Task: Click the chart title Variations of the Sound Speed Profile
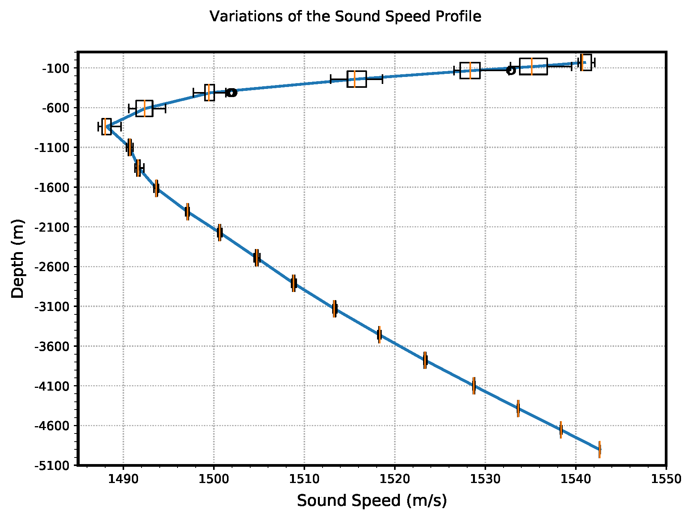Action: coord(345,17)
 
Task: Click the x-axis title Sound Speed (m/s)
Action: coord(372,500)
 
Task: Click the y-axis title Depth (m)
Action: coord(17,258)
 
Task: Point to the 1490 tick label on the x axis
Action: coord(123,479)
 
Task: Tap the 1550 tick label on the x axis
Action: coord(666,479)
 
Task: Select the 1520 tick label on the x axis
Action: coord(394,479)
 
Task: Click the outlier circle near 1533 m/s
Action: coord(510,70)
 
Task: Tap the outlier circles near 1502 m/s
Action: coord(232,92)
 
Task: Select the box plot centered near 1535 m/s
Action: coord(533,66)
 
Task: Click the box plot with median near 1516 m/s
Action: coord(357,79)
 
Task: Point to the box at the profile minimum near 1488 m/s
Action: coord(106,126)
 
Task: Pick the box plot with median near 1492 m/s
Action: coord(144,108)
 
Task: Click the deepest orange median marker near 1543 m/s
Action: coord(599,449)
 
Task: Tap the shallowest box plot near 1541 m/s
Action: coord(586,62)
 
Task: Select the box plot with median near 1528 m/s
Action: coord(470,70)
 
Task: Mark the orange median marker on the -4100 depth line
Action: coord(474,385)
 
